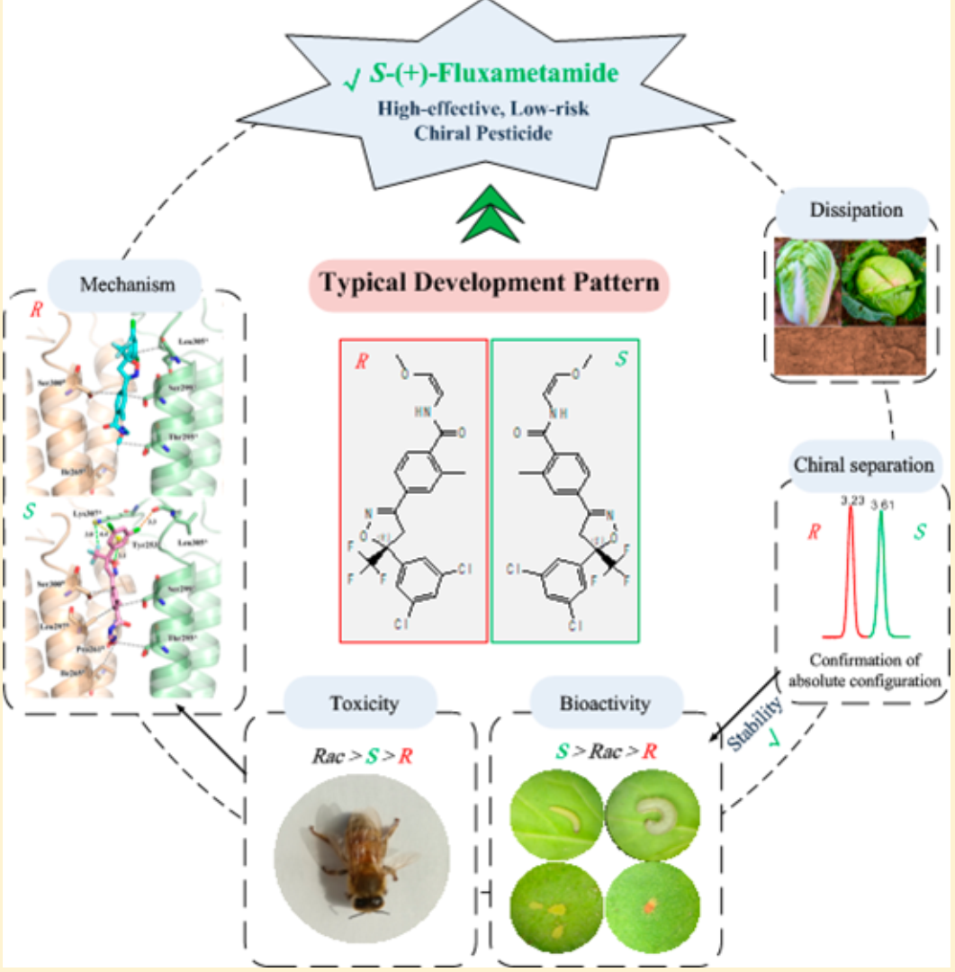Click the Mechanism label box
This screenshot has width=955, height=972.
point(127,285)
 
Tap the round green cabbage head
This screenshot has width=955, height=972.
point(883,280)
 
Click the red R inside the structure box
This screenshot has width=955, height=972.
point(363,362)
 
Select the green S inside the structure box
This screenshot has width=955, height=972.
point(620,360)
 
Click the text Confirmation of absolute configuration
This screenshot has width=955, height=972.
point(863,670)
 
